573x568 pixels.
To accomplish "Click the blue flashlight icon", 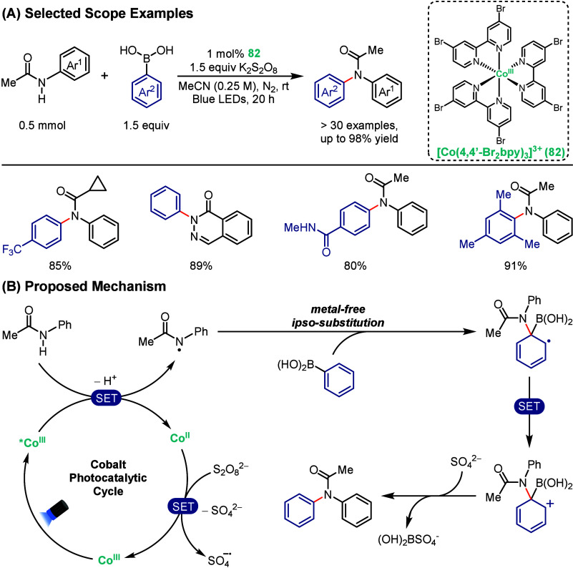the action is pos(57,513).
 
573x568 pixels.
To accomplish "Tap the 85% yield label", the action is pos(60,265).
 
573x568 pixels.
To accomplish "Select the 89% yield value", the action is pos(201,265).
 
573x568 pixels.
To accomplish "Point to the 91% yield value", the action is pos(515,265).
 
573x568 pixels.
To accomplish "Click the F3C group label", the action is pos(11,250).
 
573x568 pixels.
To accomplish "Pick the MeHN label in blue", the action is pos(300,228).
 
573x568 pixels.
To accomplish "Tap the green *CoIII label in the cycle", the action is pos(32,442).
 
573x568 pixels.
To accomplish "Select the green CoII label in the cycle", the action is pos(180,438).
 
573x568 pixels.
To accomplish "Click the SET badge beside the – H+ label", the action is pos(107,398).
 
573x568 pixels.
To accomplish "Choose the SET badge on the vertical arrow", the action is pos(529,406).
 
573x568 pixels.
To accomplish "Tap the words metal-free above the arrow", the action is pos(338,309).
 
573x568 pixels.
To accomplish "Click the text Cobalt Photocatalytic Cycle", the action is pos(108,478).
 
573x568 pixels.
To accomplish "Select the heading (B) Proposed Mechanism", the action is pos(84,286).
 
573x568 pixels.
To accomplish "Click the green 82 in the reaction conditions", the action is pos(254,54).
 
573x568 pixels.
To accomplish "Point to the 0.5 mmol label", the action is pos(42,125).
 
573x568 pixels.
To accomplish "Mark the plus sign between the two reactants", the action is pos(105,76).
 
